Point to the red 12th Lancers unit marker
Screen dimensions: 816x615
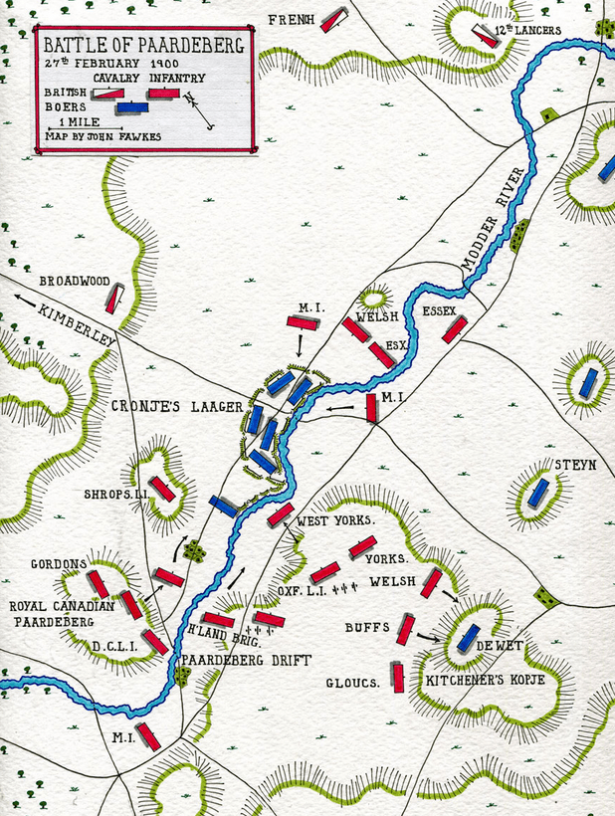[x=485, y=36]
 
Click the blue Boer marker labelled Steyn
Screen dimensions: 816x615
[x=538, y=493]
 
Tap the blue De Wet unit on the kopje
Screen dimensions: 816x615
[x=467, y=638]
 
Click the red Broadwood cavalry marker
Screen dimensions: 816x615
[x=115, y=299]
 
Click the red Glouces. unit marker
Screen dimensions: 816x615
[x=398, y=678]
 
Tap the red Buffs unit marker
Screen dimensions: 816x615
[x=405, y=629]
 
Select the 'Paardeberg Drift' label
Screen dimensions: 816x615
[x=246, y=660]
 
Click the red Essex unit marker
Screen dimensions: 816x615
[x=454, y=329]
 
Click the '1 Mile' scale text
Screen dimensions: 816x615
[x=78, y=122]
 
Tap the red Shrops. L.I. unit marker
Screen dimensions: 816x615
[x=163, y=489]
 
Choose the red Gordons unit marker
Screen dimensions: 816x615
[x=98, y=583]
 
